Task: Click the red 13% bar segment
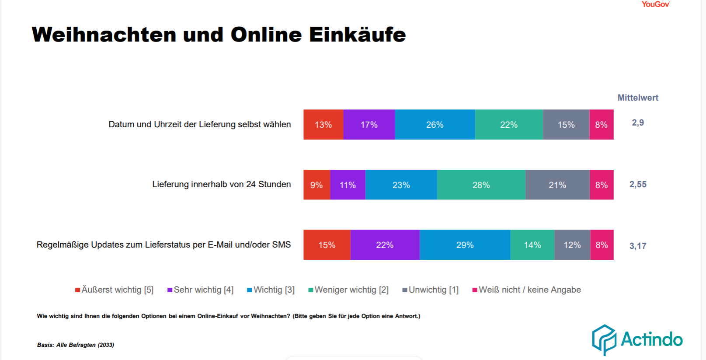[x=323, y=125]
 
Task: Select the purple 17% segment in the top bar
[x=369, y=125]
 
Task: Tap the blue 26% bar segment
[x=435, y=125]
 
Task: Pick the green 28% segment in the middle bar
[x=481, y=185]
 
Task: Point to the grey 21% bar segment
[x=557, y=185]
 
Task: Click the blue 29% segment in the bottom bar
[x=465, y=245]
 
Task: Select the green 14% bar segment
[x=532, y=245]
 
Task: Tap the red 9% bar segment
[x=316, y=185]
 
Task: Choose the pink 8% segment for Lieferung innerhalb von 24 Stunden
[x=602, y=185]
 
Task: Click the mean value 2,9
[x=638, y=123]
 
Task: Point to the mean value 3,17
[x=638, y=246]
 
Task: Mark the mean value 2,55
[x=638, y=185]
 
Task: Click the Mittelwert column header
[x=638, y=98]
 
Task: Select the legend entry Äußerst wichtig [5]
[x=115, y=290]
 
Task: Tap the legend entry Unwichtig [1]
[x=431, y=290]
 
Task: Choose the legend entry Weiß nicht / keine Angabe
[x=527, y=290]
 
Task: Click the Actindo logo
[x=637, y=339]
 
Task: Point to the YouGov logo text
[x=655, y=4]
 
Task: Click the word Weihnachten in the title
[x=104, y=35]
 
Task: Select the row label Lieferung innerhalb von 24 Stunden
[x=221, y=185]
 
